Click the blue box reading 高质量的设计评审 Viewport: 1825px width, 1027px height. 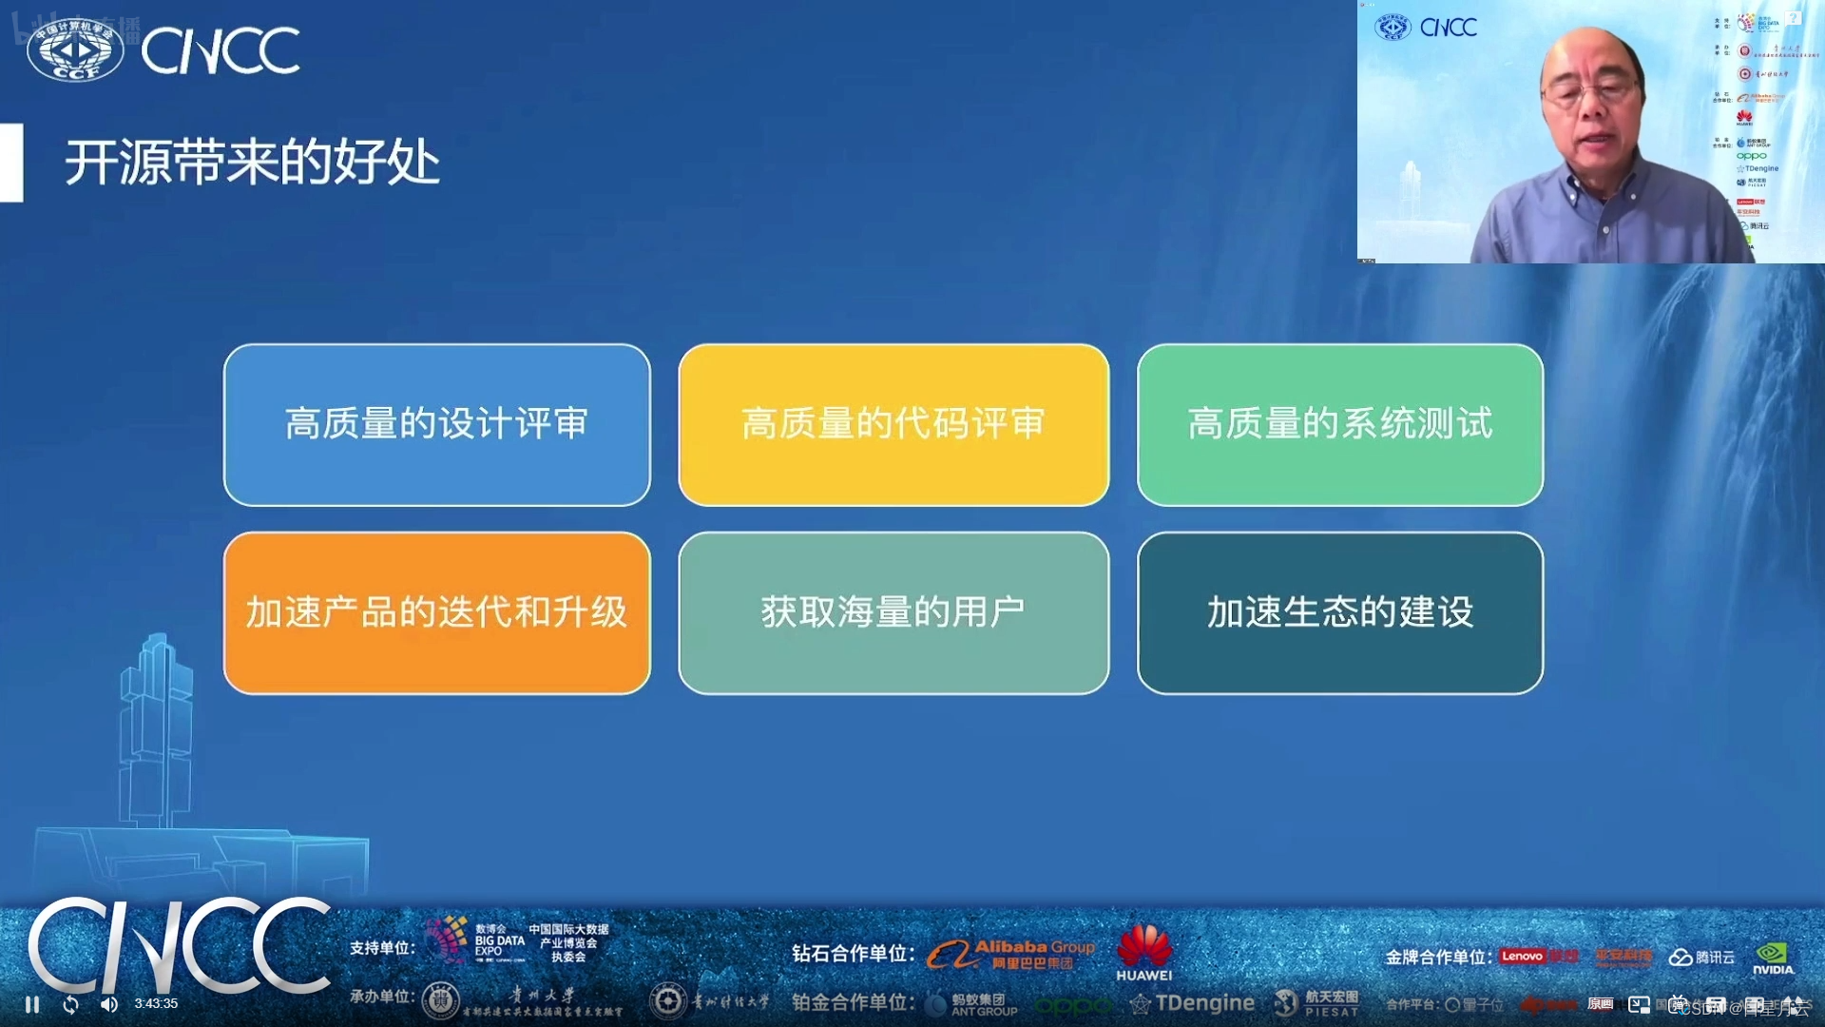click(436, 424)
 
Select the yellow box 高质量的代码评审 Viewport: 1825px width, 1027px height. click(893, 424)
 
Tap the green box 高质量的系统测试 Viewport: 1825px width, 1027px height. click(1339, 424)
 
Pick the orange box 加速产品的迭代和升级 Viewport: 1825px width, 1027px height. click(436, 612)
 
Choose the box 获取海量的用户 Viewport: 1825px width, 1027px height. click(893, 612)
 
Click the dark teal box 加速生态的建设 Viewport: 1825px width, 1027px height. click(1339, 612)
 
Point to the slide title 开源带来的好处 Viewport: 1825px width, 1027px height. click(252, 162)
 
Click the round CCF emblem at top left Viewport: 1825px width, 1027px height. click(75, 50)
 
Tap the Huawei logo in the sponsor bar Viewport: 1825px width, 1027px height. click(1143, 952)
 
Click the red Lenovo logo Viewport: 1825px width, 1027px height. click(1522, 956)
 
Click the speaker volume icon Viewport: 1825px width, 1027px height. click(109, 1004)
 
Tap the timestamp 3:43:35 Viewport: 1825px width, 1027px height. click(156, 1003)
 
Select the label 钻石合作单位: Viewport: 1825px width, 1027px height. click(853, 953)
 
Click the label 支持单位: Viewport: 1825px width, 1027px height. click(382, 948)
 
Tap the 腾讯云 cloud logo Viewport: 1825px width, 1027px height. click(1701, 957)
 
